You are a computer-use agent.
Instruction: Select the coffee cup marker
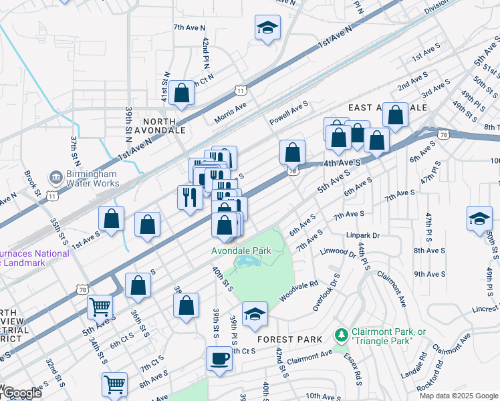coord(219,360)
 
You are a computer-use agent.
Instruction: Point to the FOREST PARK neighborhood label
coord(289,340)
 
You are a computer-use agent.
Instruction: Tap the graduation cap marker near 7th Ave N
coord(267,28)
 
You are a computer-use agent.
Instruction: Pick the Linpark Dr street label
coord(363,235)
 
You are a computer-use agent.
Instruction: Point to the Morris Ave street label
coord(231,113)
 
